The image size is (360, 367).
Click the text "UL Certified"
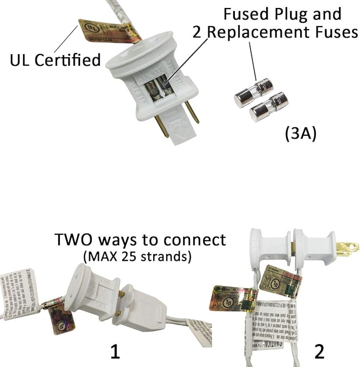[55, 60]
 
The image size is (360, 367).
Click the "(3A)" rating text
[300, 134]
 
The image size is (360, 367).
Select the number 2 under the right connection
[319, 351]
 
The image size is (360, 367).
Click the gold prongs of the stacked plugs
[344, 248]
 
